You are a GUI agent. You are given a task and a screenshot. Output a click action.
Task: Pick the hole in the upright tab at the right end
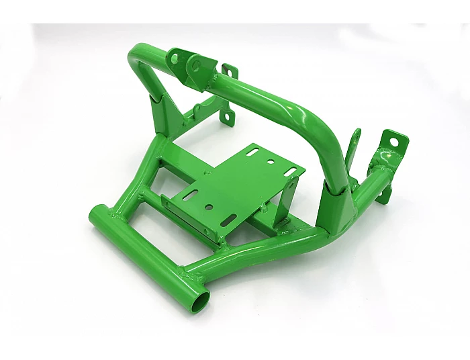pyautogui.click(x=399, y=142)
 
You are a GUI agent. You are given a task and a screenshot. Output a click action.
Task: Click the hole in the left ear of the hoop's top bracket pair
pyautogui.click(x=176, y=58)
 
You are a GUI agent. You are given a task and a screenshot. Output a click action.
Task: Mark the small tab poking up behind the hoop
pyautogui.click(x=231, y=72)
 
